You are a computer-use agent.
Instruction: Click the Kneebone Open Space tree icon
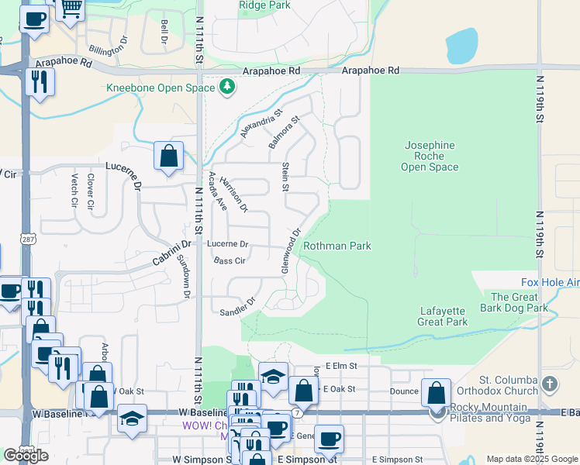pos(227,87)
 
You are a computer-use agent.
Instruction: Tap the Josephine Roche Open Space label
pos(429,156)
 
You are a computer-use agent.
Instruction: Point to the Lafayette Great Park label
pos(443,316)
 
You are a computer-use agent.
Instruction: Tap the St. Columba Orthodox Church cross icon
pos(549,384)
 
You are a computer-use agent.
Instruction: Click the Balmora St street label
pos(284,133)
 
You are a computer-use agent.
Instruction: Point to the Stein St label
pos(285,176)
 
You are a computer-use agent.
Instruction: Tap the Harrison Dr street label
pos(233,194)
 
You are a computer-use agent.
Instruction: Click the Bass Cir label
pos(230,261)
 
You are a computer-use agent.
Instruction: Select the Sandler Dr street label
pos(237,306)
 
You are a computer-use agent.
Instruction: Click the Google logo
pos(26,455)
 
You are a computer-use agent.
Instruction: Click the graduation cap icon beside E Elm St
pos(273,376)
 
